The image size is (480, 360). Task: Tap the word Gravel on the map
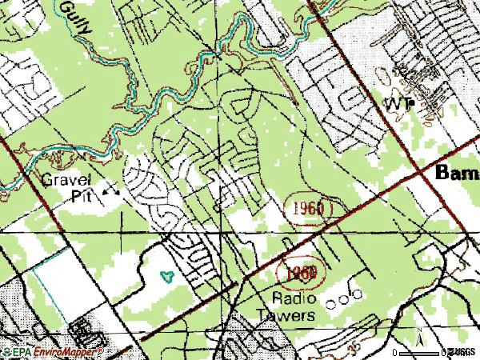[68, 178]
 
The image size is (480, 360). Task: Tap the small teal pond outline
[167, 277]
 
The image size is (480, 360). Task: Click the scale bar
[420, 352]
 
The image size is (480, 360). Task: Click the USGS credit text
[461, 352]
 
